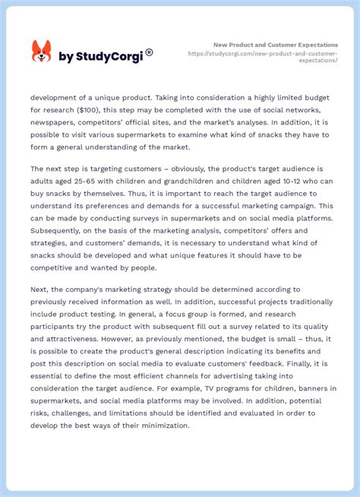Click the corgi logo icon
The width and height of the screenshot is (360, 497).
coord(41,52)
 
